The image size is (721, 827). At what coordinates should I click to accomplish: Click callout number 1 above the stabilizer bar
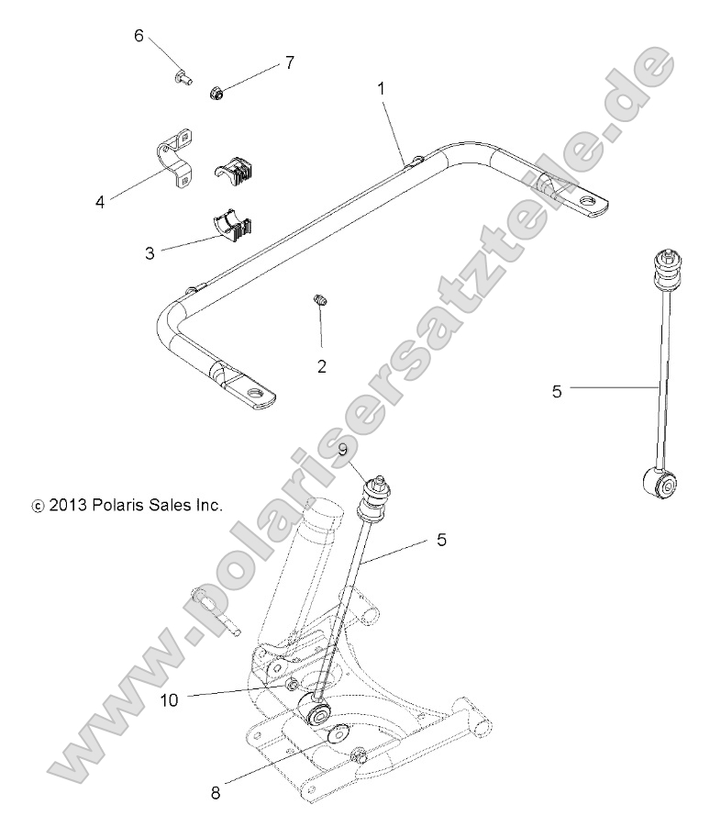click(381, 90)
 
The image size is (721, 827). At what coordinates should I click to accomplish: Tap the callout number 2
click(322, 366)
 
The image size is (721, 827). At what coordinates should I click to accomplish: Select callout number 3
click(150, 252)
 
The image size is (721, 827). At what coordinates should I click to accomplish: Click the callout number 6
click(139, 36)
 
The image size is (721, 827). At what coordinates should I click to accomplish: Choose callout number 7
click(289, 62)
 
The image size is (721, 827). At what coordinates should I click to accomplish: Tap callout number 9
click(341, 450)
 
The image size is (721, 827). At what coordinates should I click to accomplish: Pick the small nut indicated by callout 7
click(217, 92)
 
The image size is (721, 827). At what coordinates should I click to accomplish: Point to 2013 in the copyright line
click(68, 505)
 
